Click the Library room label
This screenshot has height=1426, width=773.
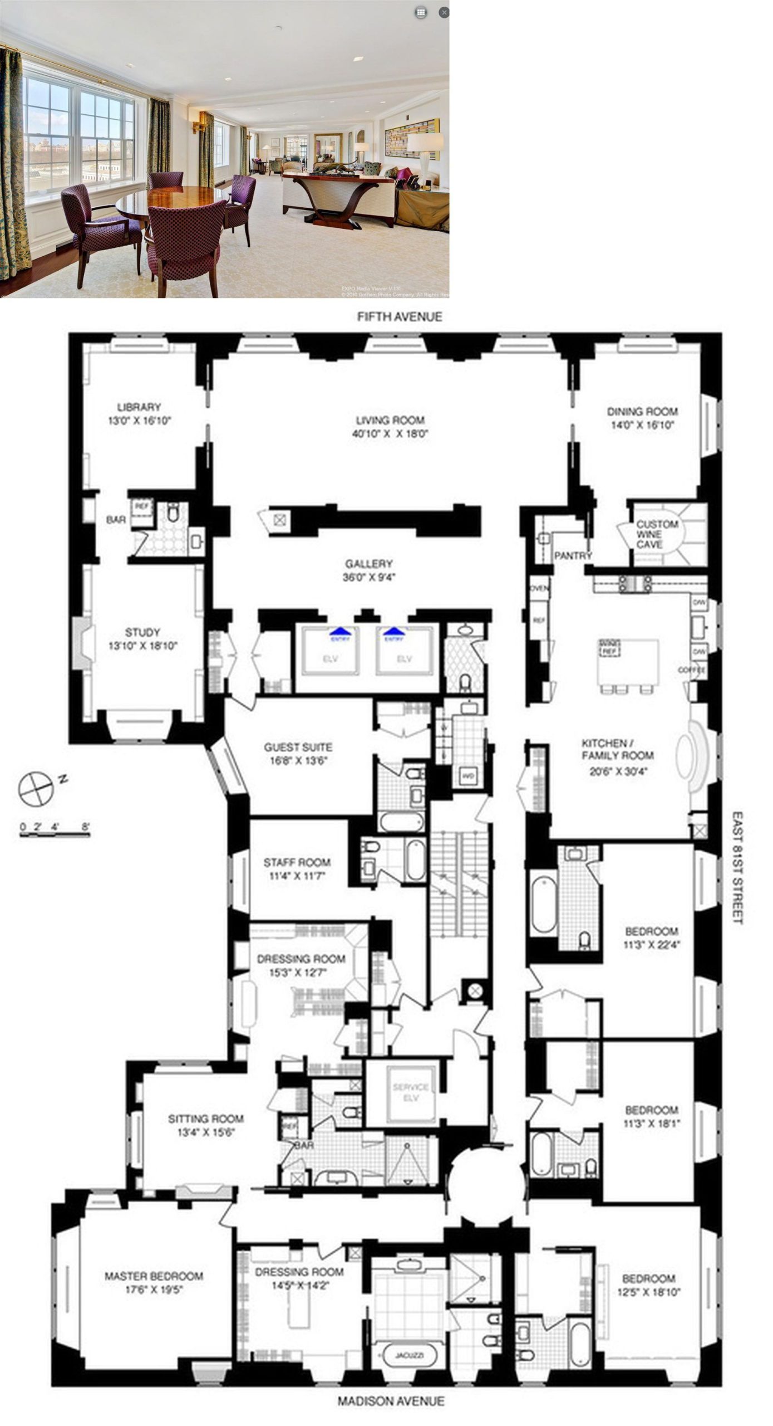point(139,407)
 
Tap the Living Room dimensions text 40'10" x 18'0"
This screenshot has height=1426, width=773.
point(390,434)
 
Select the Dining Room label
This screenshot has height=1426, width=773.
point(642,412)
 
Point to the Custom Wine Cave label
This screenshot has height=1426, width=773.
point(657,534)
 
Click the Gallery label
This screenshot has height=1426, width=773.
point(368,564)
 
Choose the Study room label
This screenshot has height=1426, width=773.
point(142,632)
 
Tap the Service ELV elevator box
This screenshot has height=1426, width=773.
point(411,1092)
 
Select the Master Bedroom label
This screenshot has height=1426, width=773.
point(154,1276)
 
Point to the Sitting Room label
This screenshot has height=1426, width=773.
point(205,1118)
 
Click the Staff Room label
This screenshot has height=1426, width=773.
point(297,862)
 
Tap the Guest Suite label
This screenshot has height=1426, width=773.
point(298,747)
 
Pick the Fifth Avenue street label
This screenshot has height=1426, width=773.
point(400,316)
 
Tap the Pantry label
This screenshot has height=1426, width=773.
point(573,555)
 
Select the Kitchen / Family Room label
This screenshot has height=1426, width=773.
point(617,749)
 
